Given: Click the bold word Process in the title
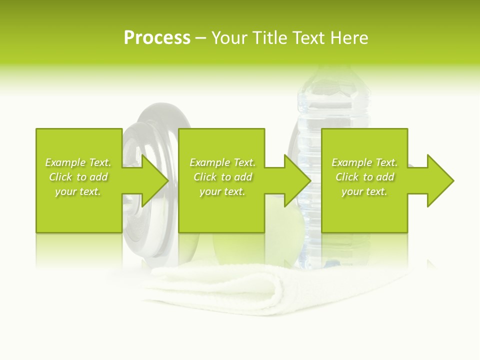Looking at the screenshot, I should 157,38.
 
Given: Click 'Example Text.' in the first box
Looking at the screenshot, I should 78,162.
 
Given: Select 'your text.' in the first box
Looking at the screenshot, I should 78,191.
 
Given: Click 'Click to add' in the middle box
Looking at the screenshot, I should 222,177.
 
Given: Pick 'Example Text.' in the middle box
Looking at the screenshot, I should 222,162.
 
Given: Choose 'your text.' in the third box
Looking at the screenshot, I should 364,191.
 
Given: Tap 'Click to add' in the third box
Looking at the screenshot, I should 364,177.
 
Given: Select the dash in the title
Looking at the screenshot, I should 200,38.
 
